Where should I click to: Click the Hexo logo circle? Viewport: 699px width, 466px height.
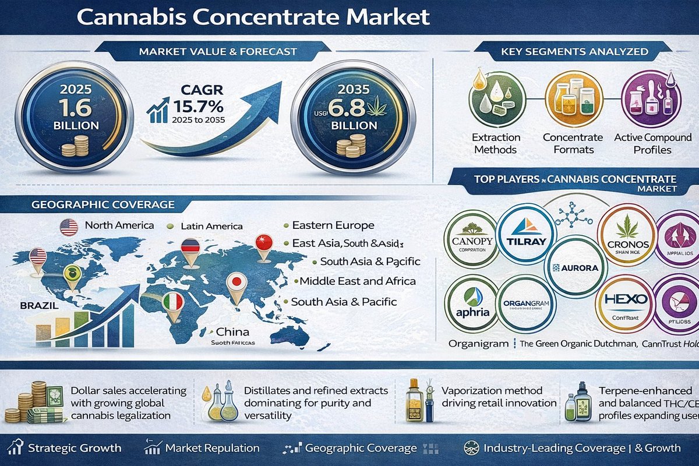625,304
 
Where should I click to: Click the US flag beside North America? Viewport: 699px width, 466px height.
69,227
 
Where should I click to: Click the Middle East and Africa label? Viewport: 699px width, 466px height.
358,281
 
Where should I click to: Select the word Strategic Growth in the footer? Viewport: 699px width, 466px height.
75,448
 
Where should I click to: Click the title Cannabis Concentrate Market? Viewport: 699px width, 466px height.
253,16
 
